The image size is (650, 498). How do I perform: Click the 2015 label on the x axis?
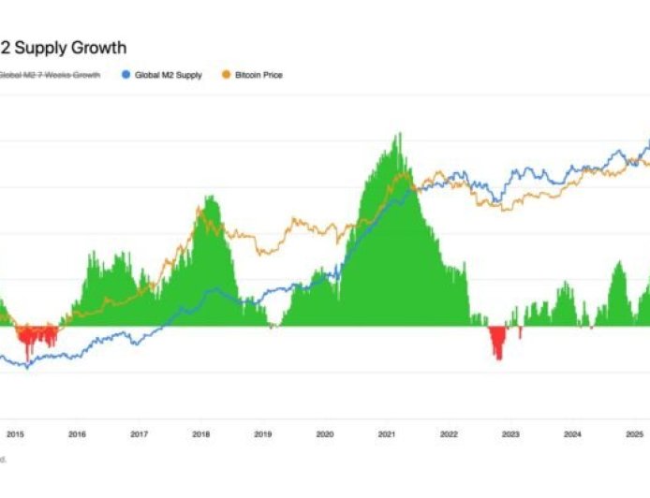pyautogui.click(x=16, y=433)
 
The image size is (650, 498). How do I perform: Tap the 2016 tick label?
pyautogui.click(x=78, y=433)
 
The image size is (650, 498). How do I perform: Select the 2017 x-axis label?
pyautogui.click(x=140, y=433)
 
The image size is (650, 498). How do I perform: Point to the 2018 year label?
pyautogui.click(x=201, y=433)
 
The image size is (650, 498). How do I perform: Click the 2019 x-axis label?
pyautogui.click(x=263, y=433)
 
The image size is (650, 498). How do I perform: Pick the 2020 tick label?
pyautogui.click(x=325, y=433)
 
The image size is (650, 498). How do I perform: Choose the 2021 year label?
pyautogui.click(x=387, y=433)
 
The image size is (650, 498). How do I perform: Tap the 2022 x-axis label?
pyautogui.click(x=449, y=433)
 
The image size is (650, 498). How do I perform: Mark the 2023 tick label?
pyautogui.click(x=510, y=433)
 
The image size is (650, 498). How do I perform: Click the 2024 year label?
pyautogui.click(x=572, y=433)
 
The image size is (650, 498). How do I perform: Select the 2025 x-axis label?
pyautogui.click(x=634, y=433)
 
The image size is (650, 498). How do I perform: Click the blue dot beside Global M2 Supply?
pyautogui.click(x=126, y=75)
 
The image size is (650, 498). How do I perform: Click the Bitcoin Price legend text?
pyautogui.click(x=259, y=75)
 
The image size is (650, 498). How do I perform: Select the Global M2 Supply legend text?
pyautogui.click(x=168, y=75)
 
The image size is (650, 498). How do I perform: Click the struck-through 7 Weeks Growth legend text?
pyautogui.click(x=51, y=75)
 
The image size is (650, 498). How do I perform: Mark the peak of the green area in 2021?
pyautogui.click(x=400, y=134)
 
